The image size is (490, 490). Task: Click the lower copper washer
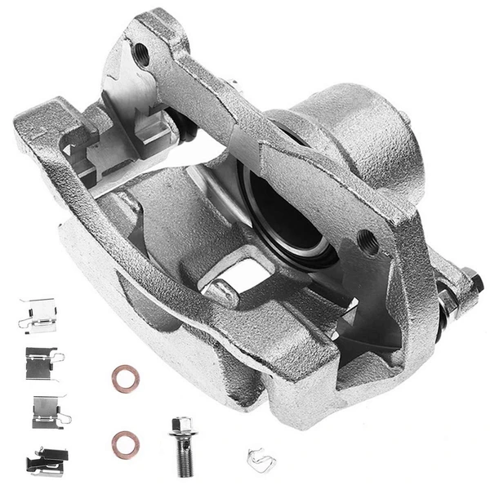tap(125, 443)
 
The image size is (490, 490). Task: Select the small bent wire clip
tap(261, 461)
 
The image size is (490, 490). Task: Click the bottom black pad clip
tap(47, 461)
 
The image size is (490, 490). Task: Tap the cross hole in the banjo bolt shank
tap(181, 452)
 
